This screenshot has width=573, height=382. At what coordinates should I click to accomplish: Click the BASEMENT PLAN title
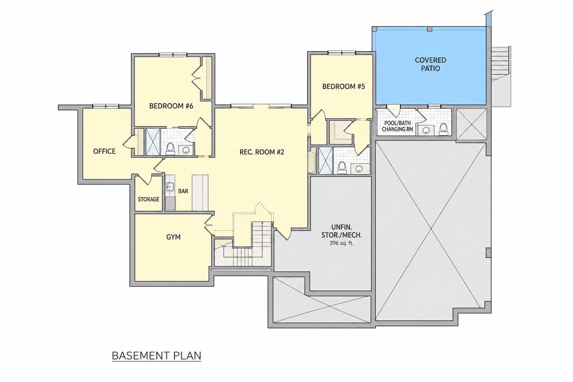point(157,356)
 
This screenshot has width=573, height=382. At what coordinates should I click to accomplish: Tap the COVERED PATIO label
point(430,64)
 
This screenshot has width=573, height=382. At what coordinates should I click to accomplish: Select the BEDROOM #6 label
point(171,106)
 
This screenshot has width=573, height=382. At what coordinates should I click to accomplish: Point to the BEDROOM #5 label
point(344,87)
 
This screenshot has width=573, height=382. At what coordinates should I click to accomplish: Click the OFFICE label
point(104,151)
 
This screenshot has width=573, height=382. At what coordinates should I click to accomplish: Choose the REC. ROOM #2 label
point(262,152)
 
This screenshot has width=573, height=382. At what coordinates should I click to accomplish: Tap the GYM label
point(173,237)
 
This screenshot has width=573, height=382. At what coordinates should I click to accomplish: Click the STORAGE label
point(148,199)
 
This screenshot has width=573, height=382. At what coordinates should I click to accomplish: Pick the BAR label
point(183,191)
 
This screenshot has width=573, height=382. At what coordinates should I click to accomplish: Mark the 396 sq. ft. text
point(341,243)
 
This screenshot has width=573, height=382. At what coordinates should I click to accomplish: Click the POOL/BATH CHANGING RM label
point(398,126)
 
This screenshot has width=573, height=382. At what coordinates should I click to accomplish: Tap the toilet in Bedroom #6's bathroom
point(170,149)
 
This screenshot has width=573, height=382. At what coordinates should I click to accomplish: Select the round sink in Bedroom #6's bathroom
point(185,150)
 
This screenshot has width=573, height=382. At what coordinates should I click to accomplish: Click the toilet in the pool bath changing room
point(443,129)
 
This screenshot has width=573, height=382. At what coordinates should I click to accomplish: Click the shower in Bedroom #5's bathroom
point(326,161)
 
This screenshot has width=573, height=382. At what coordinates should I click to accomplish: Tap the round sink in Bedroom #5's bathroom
point(359,169)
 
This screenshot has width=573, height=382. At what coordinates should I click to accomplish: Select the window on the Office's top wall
point(106,106)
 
